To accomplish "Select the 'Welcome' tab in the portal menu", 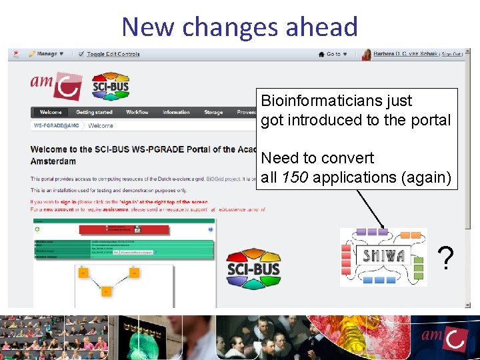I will coord(51,113).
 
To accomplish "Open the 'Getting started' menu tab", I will coord(94,113).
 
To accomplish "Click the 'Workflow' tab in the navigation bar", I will coord(137,113).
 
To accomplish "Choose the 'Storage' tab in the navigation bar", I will coord(213,113).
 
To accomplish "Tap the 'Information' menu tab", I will coord(176,113).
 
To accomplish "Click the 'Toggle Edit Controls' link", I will coord(113,54).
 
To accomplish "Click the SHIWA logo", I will coord(383,257).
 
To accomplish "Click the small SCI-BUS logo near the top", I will coord(110,86).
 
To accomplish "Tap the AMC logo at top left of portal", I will coord(56,85).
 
